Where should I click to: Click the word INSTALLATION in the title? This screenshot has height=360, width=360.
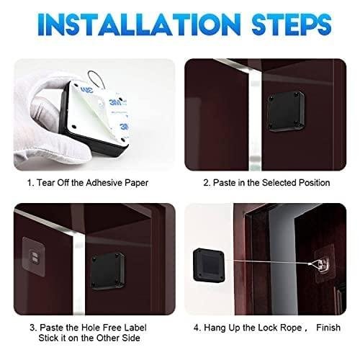[x=139, y=24]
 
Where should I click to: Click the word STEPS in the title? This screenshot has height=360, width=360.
[x=292, y=24]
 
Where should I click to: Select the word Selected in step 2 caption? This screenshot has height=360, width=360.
[x=279, y=183]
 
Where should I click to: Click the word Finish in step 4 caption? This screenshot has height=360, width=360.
[x=328, y=328]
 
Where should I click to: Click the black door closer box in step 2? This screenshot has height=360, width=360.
[x=286, y=111]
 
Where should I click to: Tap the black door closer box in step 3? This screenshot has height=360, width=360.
[x=108, y=271]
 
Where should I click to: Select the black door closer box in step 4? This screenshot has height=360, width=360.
[x=209, y=265]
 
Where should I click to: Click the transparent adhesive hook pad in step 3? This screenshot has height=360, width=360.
[x=34, y=256]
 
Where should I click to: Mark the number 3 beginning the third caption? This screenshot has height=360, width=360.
[x=33, y=328]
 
